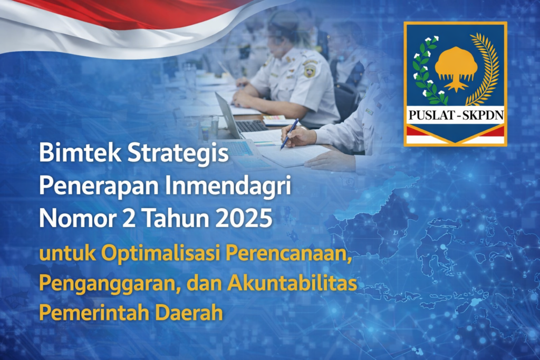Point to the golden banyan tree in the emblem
coord(456,67)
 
